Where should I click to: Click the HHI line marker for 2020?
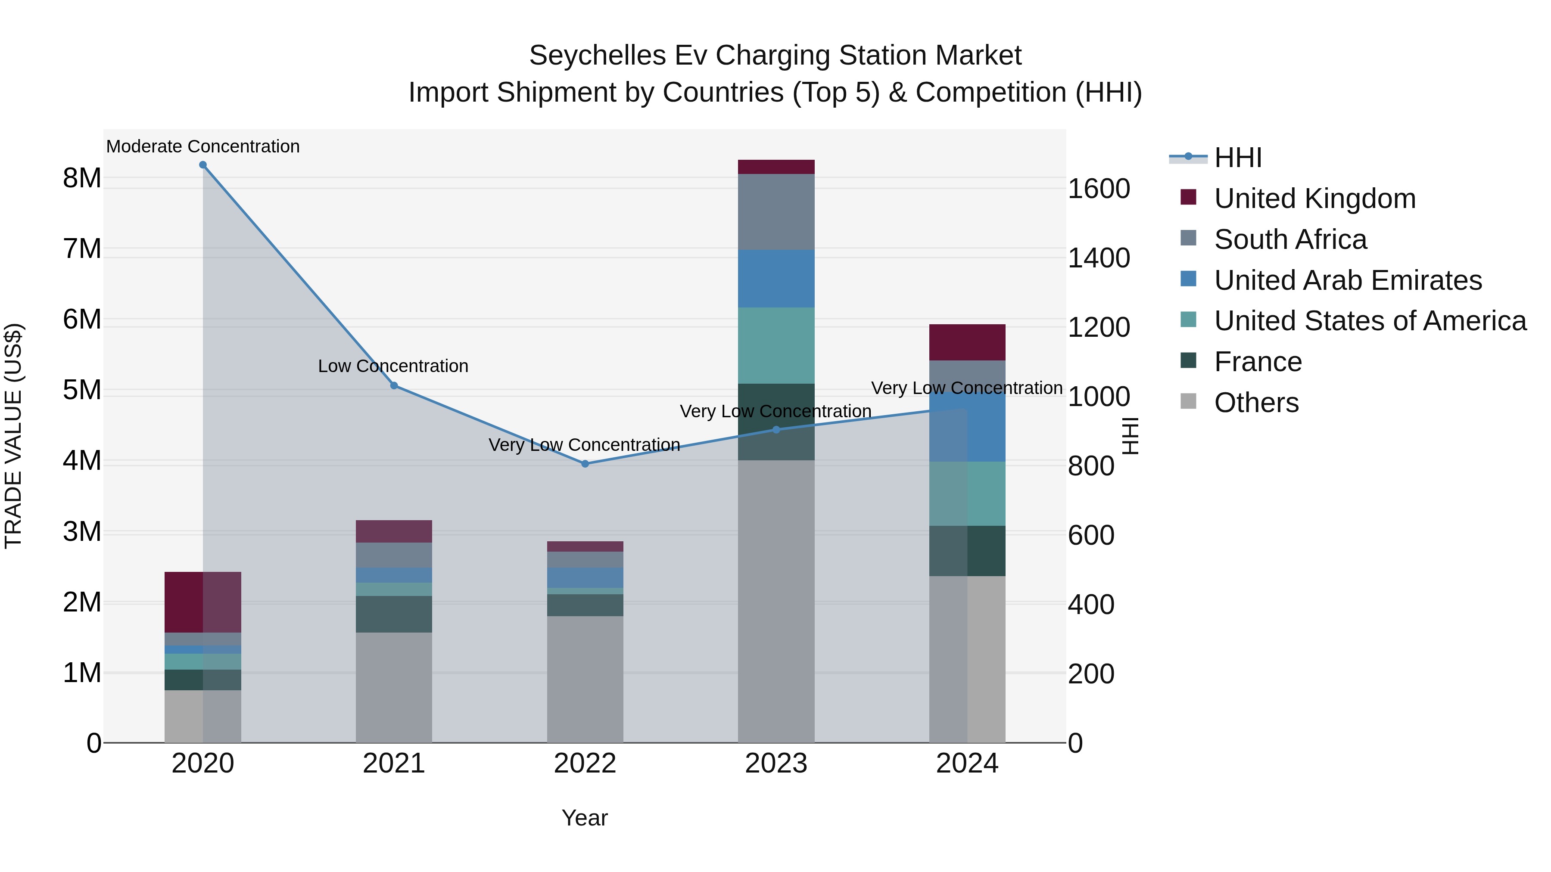point(203,165)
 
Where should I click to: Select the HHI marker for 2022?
point(585,464)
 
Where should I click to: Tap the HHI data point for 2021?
point(394,386)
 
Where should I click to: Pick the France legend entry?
point(1257,362)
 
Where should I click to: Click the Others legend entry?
point(1256,403)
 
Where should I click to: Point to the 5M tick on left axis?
point(82,390)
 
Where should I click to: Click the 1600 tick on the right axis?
point(1099,189)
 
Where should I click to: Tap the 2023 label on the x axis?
point(776,763)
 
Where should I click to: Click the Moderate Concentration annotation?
point(203,146)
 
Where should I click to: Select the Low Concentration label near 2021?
point(393,366)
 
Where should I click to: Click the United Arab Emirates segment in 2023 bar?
point(776,279)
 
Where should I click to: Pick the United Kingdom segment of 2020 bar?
point(203,602)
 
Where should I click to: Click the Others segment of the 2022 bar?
point(585,679)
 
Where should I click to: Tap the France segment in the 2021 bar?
point(394,614)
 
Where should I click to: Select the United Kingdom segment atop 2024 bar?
point(967,342)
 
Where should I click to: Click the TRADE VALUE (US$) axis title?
point(13,436)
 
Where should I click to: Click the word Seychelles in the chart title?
point(597,56)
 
